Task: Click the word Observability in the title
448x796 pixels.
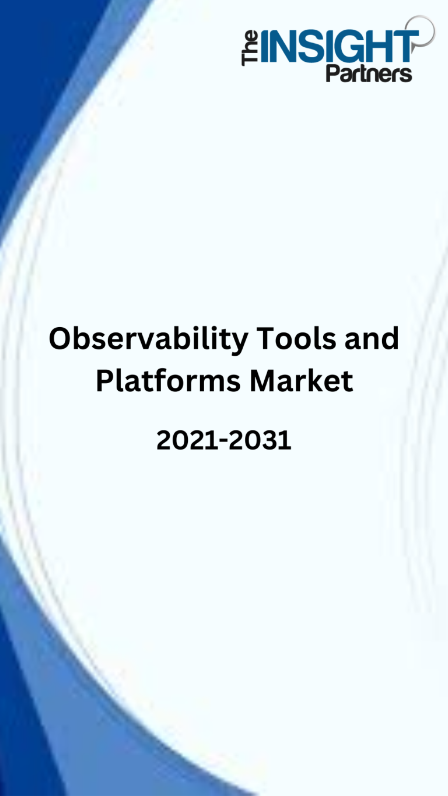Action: click(148, 340)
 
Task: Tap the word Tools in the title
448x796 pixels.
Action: click(296, 338)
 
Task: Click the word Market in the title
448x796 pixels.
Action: click(302, 380)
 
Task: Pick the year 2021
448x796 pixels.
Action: click(188, 440)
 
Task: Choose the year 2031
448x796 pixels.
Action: click(260, 440)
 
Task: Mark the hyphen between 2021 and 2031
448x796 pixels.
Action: click(224, 441)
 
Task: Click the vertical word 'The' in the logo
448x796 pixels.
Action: click(250, 48)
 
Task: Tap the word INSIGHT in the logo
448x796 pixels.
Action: click(339, 46)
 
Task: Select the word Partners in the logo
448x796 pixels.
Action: click(369, 73)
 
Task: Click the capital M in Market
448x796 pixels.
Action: click(264, 381)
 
